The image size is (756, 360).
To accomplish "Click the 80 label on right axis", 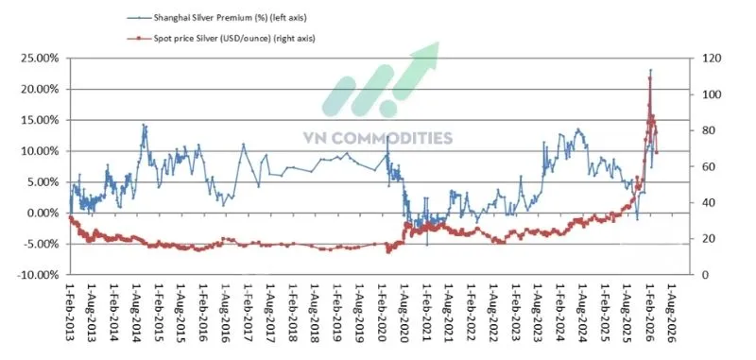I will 703,130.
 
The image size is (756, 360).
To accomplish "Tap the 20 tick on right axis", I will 703,239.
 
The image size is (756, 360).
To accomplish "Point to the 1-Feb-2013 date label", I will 69,313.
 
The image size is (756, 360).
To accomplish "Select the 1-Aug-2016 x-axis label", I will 225,313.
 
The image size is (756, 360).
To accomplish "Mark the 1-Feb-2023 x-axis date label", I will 516,313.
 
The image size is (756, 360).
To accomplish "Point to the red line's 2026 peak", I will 650,77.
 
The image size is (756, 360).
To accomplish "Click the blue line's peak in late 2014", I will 144,125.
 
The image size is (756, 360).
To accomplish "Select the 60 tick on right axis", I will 703,166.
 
